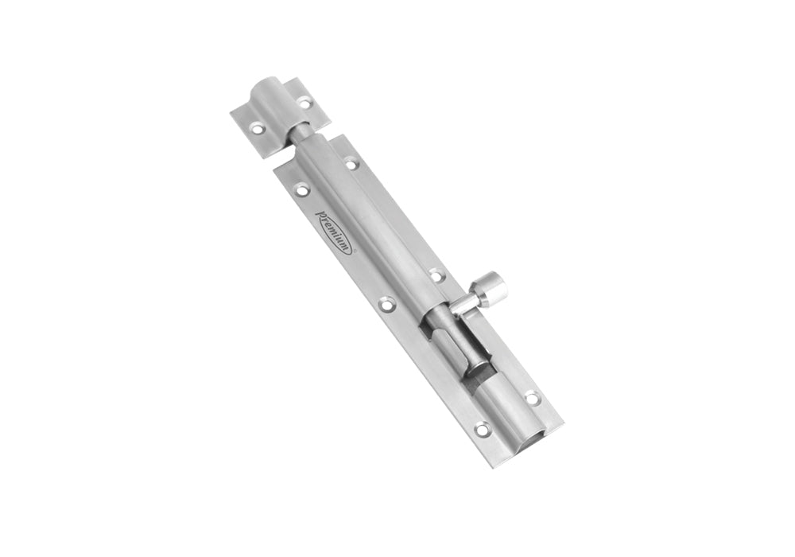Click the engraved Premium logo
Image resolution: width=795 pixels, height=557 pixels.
tap(334, 232)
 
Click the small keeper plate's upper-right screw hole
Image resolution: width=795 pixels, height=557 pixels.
tap(304, 103)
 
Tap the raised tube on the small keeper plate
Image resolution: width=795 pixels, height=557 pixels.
tap(273, 103)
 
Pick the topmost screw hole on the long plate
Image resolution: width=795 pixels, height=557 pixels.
tap(351, 164)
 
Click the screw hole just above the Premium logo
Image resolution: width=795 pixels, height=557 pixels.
tap(303, 190)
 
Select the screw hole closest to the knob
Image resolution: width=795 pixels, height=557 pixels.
tap(436, 276)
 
